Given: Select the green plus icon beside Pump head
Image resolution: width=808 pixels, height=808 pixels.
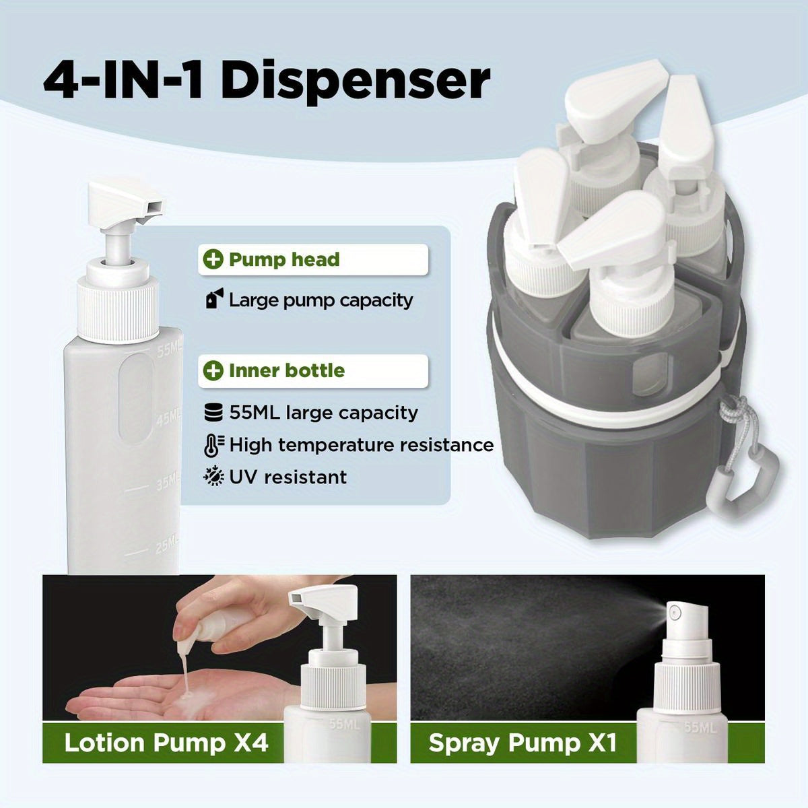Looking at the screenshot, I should coord(213,260).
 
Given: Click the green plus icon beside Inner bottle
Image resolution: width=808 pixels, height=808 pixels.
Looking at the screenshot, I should coord(213,370).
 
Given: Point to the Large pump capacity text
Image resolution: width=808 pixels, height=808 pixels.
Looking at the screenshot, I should coord(321,300).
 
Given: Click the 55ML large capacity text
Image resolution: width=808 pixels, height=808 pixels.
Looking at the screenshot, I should coord(323,412).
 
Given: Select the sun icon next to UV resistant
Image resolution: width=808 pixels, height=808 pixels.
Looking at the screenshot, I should coord(213,477).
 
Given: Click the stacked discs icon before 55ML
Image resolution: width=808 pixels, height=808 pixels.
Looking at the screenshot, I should coord(213,412).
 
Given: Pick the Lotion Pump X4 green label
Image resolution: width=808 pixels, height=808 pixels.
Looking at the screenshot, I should coord(166,743).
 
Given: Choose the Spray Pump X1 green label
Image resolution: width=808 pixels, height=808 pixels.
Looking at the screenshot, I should coord(523,743).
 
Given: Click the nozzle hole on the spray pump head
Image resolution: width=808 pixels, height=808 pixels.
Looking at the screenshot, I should coord(673,613).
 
